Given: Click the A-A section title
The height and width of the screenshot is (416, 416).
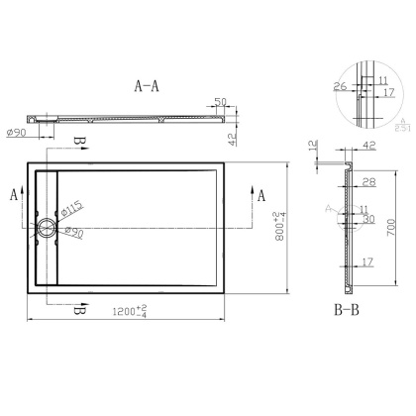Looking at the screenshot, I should [147, 86].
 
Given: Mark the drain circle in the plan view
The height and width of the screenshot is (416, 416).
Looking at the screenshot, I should [47, 227].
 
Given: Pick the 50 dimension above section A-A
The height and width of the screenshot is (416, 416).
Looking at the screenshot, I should [221, 101].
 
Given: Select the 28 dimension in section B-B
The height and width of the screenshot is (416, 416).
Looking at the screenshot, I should [368, 182].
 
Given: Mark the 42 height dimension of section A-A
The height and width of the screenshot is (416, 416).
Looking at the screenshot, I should [232, 139].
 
